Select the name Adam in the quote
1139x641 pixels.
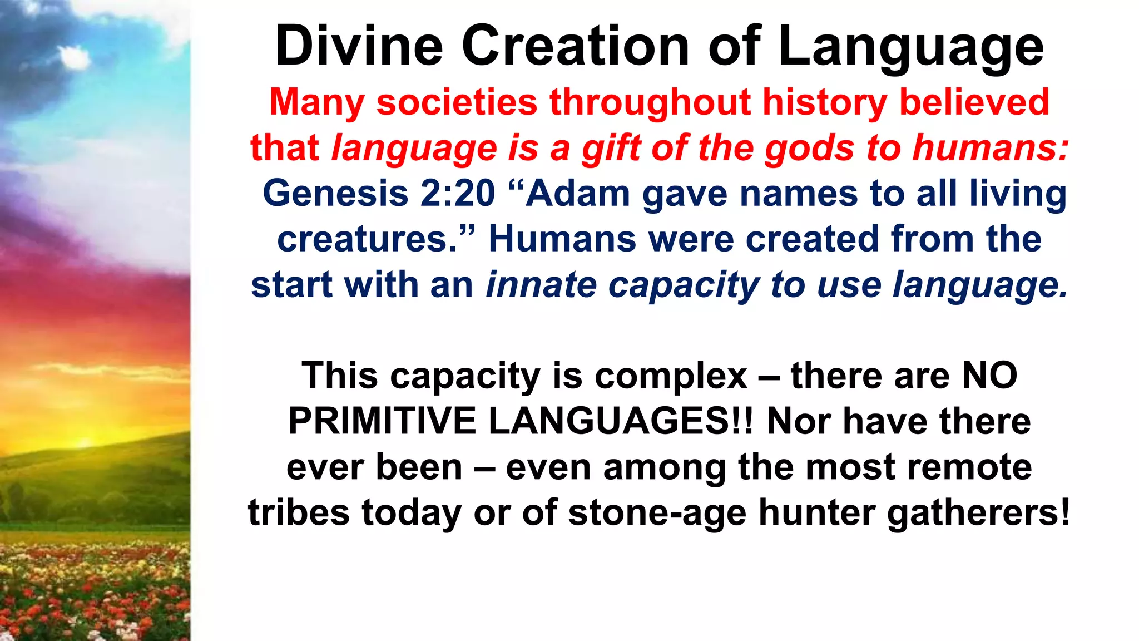[577, 194]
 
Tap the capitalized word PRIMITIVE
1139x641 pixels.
[382, 421]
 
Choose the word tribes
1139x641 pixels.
[299, 512]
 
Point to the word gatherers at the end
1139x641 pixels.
[978, 512]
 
